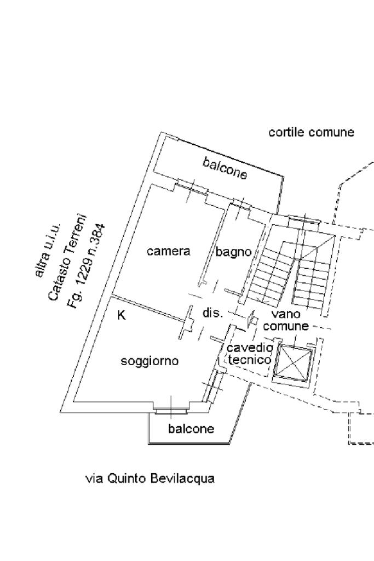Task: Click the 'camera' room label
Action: click(169, 251)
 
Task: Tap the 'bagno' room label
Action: click(233, 252)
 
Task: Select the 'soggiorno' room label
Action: click(149, 361)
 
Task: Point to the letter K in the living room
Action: click(122, 315)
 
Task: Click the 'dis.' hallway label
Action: click(212, 313)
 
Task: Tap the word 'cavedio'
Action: click(249, 348)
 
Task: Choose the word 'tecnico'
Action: click(249, 360)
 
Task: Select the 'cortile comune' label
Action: click(311, 132)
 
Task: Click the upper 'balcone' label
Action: click(225, 168)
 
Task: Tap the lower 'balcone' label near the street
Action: click(191, 429)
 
